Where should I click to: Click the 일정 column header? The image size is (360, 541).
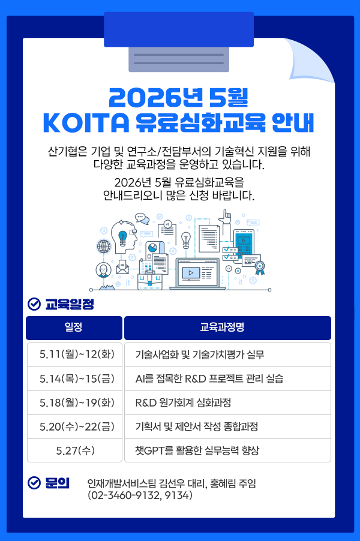point(74,327)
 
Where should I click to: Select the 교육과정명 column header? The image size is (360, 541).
point(227,327)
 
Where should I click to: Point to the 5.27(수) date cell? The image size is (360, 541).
point(75,450)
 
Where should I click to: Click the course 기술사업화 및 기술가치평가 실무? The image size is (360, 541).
point(200,354)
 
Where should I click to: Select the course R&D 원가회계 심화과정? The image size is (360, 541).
point(183,402)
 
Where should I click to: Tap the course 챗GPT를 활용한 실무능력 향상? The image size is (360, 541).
point(197,450)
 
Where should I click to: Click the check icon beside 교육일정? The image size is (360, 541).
point(34,304)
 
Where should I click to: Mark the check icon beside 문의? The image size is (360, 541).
point(34,483)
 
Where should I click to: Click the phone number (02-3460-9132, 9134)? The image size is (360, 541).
point(140,495)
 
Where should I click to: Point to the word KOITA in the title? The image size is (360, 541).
point(86,122)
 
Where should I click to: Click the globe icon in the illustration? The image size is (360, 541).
point(104,247)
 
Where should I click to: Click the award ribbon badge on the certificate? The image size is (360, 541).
point(260,268)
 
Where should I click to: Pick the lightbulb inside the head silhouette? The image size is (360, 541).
point(122,238)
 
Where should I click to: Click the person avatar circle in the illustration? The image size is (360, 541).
point(104,270)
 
